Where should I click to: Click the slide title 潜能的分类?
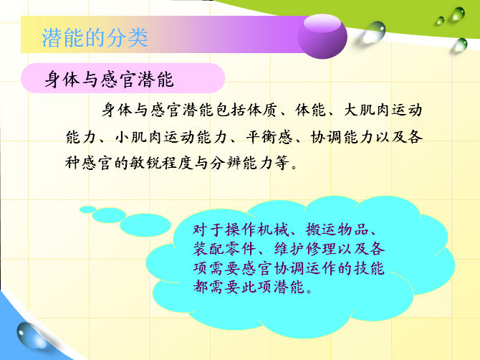(x=95, y=38)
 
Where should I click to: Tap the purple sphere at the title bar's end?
(x=322, y=36)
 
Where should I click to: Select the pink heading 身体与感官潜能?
(x=110, y=79)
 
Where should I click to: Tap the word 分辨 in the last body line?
(x=226, y=162)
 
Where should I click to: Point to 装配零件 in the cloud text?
(x=224, y=248)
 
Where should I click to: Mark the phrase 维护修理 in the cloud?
(x=305, y=248)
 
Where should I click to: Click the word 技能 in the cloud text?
(x=369, y=268)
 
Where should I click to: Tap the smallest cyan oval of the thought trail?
(x=88, y=209)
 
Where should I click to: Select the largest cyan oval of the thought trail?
(x=145, y=225)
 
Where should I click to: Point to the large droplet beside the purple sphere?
(x=373, y=32)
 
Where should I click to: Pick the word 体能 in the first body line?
(x=310, y=110)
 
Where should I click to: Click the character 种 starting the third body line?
(x=72, y=162)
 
